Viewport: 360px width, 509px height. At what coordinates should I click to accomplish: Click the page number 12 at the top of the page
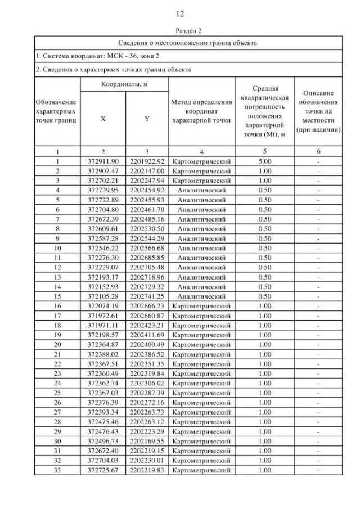click(x=179, y=13)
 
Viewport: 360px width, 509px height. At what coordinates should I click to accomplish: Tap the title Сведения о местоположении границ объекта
click(x=188, y=43)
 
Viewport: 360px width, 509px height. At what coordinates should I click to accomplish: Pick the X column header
click(x=103, y=119)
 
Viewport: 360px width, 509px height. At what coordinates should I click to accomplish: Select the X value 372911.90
click(x=103, y=161)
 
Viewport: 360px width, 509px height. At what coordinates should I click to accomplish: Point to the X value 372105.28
click(x=103, y=296)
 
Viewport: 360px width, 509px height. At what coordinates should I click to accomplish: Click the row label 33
click(x=57, y=470)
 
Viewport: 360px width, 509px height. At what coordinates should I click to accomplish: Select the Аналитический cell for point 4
click(x=201, y=190)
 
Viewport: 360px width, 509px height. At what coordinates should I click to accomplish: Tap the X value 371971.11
click(x=103, y=325)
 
